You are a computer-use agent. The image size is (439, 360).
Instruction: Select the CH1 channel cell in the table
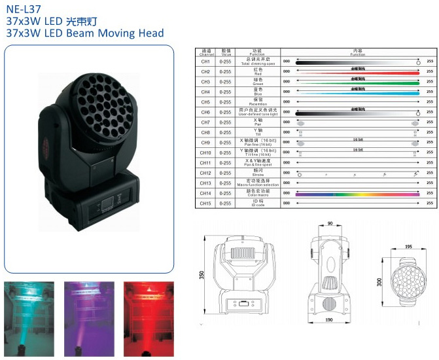click(x=205, y=60)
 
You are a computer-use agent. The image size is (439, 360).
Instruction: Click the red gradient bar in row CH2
click(x=357, y=71)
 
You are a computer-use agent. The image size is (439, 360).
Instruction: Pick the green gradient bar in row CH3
click(x=357, y=82)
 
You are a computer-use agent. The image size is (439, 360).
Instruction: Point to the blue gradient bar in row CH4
click(x=357, y=92)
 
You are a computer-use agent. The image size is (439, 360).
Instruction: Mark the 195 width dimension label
click(x=408, y=247)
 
